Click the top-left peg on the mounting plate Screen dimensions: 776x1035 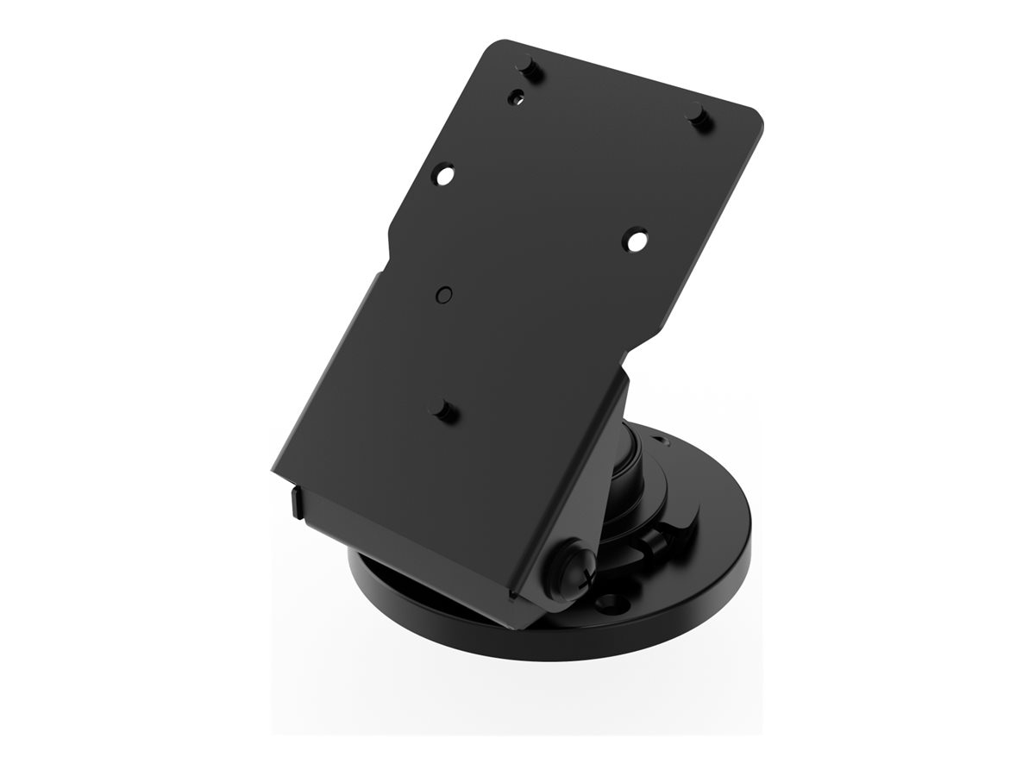[x=528, y=67]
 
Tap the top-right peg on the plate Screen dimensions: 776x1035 [x=698, y=114]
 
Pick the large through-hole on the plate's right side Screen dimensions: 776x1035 [x=636, y=239]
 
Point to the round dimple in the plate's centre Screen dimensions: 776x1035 [x=443, y=294]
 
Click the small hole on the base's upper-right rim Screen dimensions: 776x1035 [x=662, y=441]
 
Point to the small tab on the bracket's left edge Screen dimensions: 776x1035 [x=296, y=501]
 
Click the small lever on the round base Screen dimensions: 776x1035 [x=655, y=541]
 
